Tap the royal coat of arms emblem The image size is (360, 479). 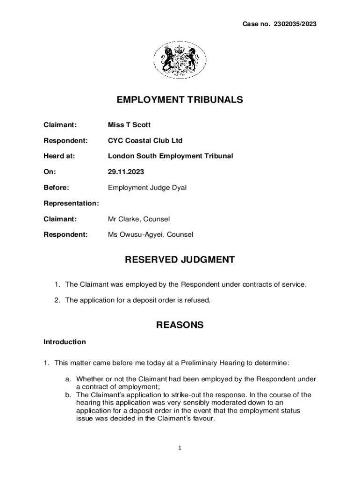(180, 60)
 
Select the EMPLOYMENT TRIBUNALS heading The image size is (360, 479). (180, 100)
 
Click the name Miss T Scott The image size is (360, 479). (130, 125)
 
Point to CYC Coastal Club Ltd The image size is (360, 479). (145, 140)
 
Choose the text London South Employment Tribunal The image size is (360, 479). (170, 156)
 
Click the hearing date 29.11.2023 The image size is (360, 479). (126, 172)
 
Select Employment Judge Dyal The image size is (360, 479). (147, 188)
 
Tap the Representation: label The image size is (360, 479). (71, 203)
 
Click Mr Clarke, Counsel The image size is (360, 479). (139, 219)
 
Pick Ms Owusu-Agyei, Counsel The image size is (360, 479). (151, 234)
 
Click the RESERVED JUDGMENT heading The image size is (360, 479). (180, 260)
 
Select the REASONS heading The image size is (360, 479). (180, 325)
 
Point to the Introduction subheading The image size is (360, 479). (65, 342)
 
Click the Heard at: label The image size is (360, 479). (59, 156)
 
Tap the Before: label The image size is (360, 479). (56, 188)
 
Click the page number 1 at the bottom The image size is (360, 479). (180, 448)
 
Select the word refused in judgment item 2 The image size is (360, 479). (198, 300)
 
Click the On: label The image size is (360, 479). (50, 172)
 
